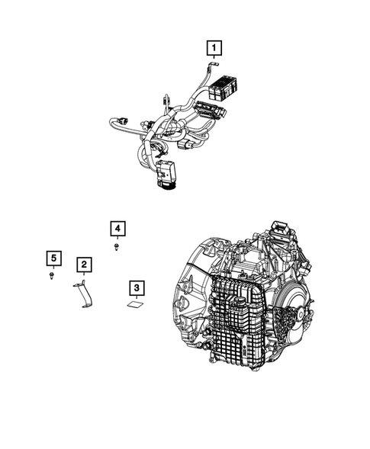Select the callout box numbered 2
pyautogui.click(x=84, y=265)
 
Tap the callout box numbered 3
pyautogui.click(x=136, y=287)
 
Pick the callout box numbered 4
pyautogui.click(x=116, y=228)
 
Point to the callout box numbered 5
pyautogui.click(x=51, y=258)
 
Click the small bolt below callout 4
pyautogui.click(x=116, y=246)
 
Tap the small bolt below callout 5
pyautogui.click(x=51, y=276)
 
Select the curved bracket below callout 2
pyautogui.click(x=86, y=296)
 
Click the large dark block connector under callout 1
pyautogui.click(x=227, y=84)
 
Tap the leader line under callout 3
pyautogui.click(x=136, y=299)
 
